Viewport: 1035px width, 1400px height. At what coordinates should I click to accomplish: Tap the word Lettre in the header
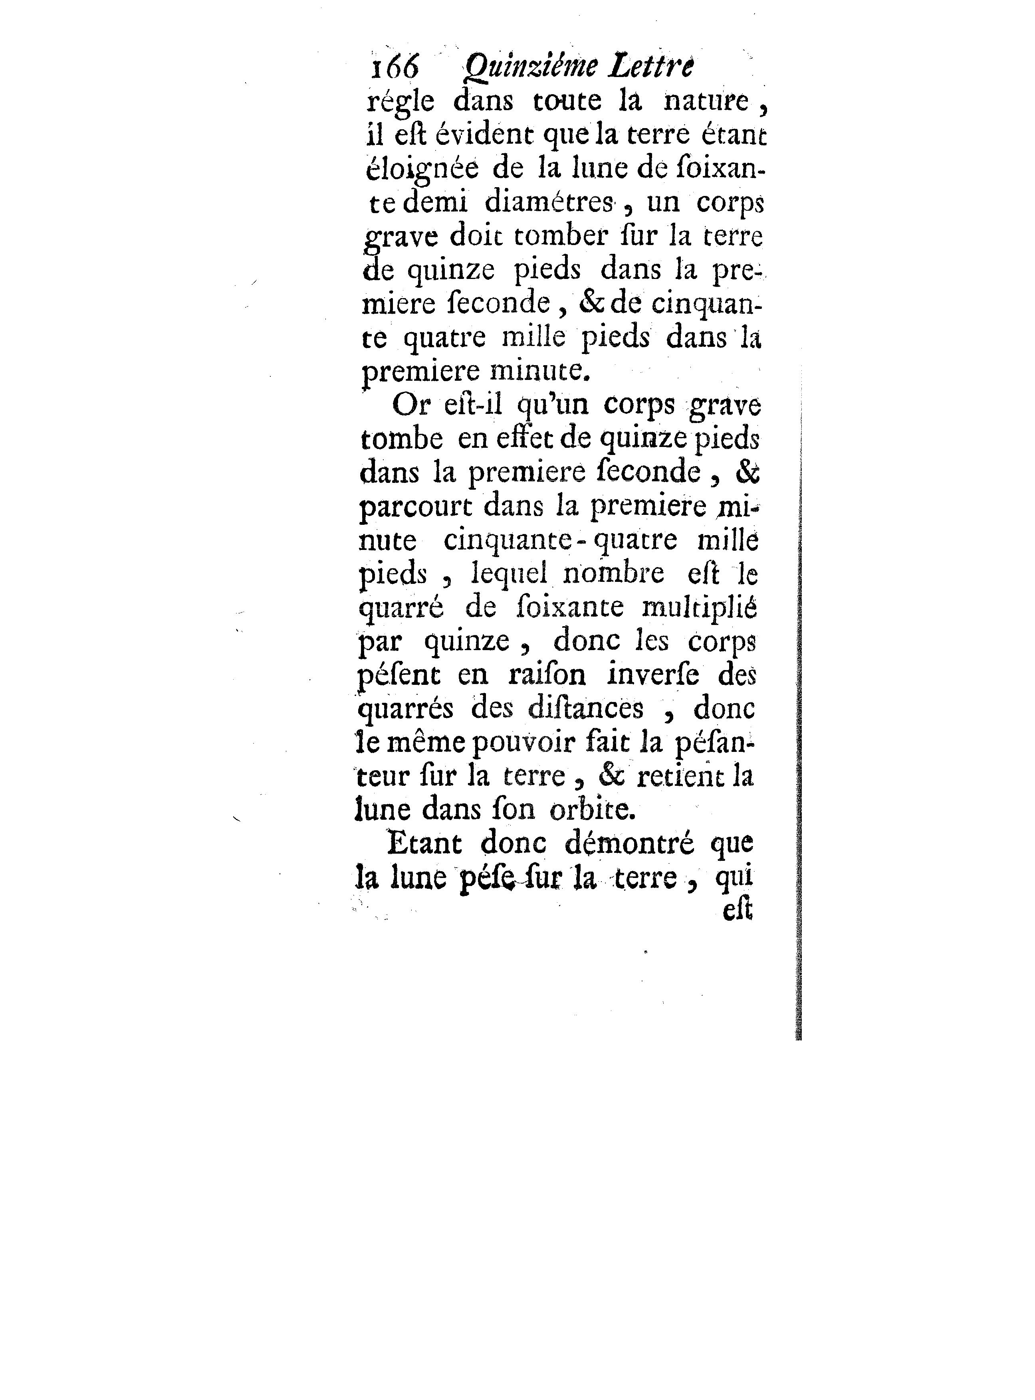[x=652, y=66]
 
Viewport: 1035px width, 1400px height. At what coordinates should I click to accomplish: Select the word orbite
[x=592, y=810]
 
